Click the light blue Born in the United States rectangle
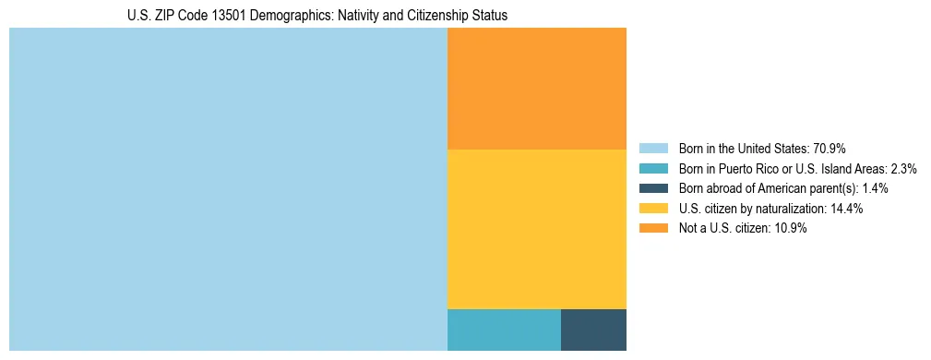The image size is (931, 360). pyautogui.click(x=228, y=189)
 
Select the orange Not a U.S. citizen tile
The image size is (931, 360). pyautogui.click(x=537, y=89)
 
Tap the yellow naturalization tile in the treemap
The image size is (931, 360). pyautogui.click(x=537, y=229)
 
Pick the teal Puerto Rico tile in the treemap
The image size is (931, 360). pyautogui.click(x=504, y=330)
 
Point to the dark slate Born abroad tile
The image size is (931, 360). pyautogui.click(x=593, y=330)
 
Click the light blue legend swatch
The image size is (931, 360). pyautogui.click(x=653, y=149)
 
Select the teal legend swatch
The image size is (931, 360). pyautogui.click(x=653, y=169)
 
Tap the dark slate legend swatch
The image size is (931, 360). pyautogui.click(x=653, y=188)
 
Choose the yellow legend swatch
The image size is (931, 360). pyautogui.click(x=653, y=209)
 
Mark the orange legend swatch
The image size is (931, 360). pyautogui.click(x=653, y=229)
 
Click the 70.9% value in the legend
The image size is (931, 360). pyautogui.click(x=830, y=149)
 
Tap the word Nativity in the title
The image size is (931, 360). pyautogui.click(x=352, y=16)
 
